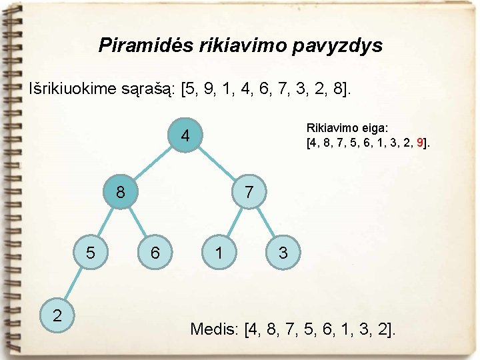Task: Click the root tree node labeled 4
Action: pos(185,137)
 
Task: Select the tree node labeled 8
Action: pos(120,193)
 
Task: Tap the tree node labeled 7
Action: pos(249,193)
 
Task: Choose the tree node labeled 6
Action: pos(155,253)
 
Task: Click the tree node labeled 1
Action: pos(219,253)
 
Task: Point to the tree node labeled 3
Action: pos(283,253)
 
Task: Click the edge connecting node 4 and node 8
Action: pos(153,165)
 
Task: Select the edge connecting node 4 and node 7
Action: pos(217,165)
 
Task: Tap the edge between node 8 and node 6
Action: pos(137,223)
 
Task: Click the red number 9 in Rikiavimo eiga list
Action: pos(419,142)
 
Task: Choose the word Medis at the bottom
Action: pos(215,329)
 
